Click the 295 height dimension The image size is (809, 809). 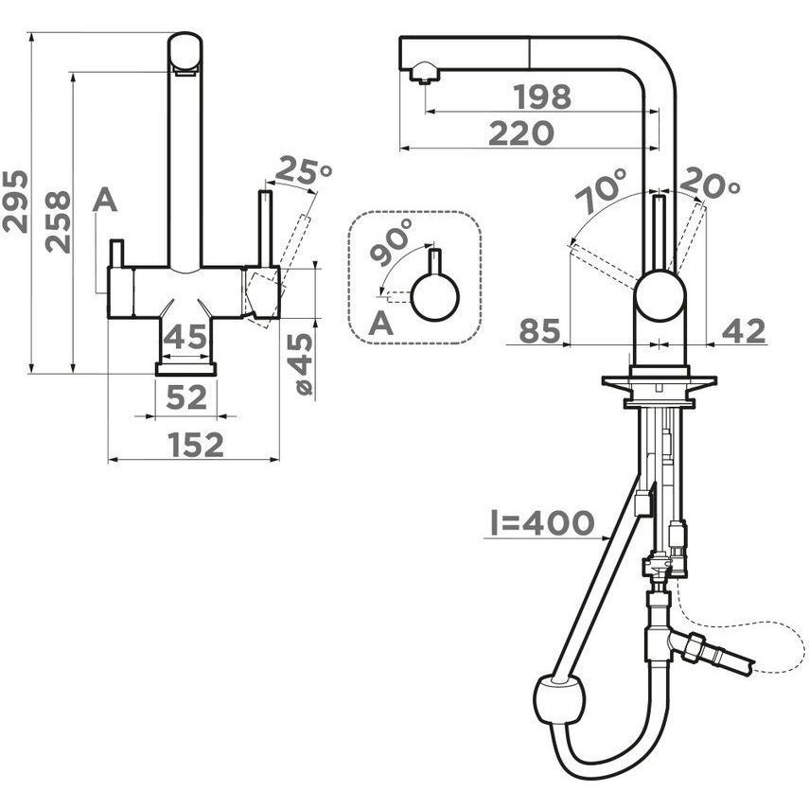pyautogui.click(x=14, y=202)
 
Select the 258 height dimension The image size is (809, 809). pyautogui.click(x=58, y=221)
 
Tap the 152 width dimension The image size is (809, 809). pyautogui.click(x=196, y=445)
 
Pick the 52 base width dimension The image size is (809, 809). pyautogui.click(x=186, y=397)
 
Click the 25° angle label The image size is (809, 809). pyautogui.click(x=303, y=171)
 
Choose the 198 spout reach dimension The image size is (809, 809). pyautogui.click(x=542, y=97)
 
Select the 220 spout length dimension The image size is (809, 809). pyautogui.click(x=521, y=133)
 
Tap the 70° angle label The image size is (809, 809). pyautogui.click(x=600, y=190)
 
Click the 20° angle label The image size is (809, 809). pyautogui.click(x=711, y=184)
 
